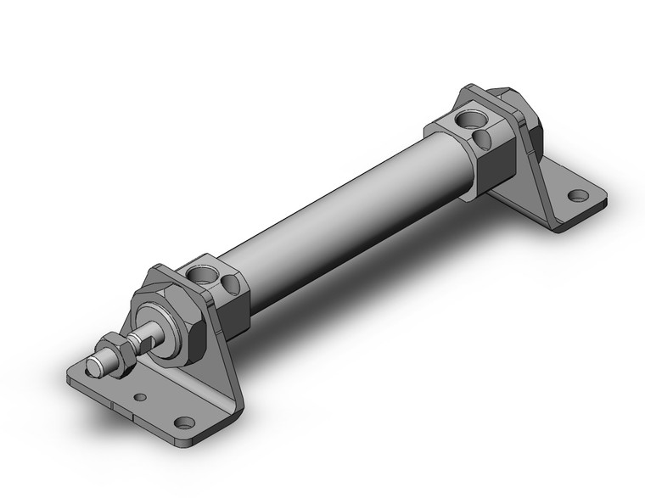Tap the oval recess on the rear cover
coord(485,135)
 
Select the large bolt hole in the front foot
coord(183,421)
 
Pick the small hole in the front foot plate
coord(140,396)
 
